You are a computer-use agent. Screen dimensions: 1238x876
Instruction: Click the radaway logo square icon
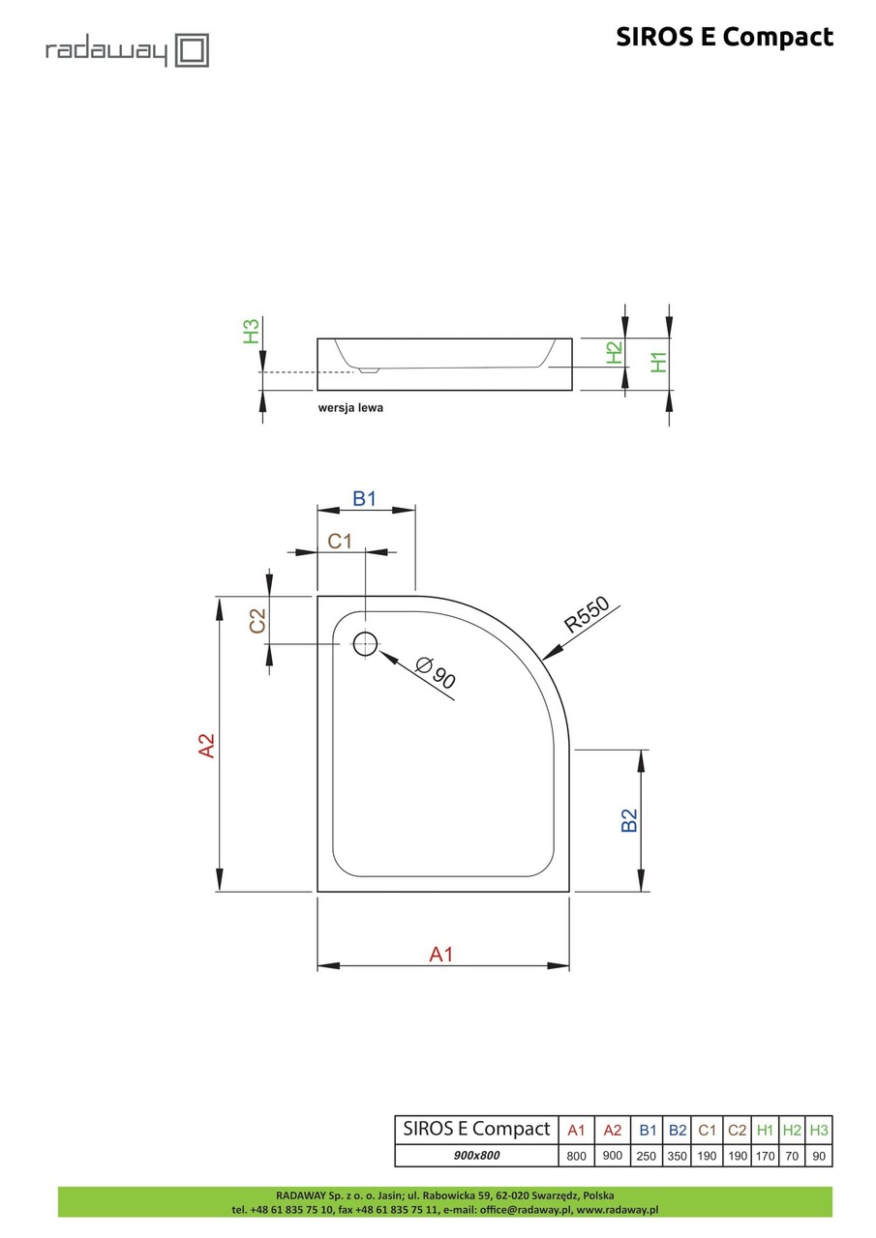click(x=191, y=50)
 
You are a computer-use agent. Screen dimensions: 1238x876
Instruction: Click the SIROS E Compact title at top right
click(x=724, y=37)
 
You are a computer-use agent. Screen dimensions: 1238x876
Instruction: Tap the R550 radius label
click(x=587, y=615)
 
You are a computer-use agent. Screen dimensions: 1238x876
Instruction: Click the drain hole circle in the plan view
click(x=365, y=643)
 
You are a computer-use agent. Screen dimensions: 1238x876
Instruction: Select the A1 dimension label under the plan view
click(x=441, y=955)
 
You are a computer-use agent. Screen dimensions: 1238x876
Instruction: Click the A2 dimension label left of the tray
click(x=206, y=745)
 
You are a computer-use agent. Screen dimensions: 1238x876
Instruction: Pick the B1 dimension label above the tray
click(x=364, y=499)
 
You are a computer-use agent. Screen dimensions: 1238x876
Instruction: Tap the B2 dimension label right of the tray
click(x=628, y=820)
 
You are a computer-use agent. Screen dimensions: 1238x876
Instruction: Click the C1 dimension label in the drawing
click(x=339, y=542)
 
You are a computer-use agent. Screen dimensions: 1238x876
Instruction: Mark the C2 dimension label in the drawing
click(x=257, y=621)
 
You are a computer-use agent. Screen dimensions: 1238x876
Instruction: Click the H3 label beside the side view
click(x=251, y=332)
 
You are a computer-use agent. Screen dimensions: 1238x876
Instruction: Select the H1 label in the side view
click(x=659, y=361)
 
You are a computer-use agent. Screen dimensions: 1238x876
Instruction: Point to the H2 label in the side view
click(x=614, y=353)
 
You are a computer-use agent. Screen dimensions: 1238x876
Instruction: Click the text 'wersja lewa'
click(x=350, y=408)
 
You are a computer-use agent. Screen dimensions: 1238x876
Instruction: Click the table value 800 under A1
click(x=576, y=1156)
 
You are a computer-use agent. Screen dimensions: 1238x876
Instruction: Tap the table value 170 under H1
click(x=765, y=1156)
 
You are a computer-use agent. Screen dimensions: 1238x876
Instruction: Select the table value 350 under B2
click(x=678, y=1156)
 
